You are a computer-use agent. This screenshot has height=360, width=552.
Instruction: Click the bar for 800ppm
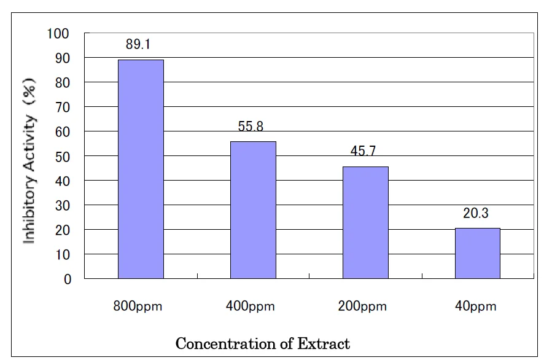tap(141, 169)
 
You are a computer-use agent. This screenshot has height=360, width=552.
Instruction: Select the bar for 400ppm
tap(253, 209)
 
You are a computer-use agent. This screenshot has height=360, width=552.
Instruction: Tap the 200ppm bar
tap(365, 222)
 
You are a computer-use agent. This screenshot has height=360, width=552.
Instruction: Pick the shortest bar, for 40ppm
tap(478, 253)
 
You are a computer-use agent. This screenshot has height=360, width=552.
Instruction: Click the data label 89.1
tap(141, 45)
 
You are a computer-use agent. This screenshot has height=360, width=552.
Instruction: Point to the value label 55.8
tap(251, 127)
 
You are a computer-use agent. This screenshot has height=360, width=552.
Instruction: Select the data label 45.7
tap(363, 152)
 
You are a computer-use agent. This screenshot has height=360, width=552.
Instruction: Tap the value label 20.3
tap(476, 213)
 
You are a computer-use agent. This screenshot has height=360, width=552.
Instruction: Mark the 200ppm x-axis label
tap(362, 307)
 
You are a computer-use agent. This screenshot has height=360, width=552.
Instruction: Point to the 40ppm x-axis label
tap(476, 307)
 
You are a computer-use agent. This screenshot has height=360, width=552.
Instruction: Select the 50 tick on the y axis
tap(63, 156)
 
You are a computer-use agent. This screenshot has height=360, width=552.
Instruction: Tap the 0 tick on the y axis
tap(68, 279)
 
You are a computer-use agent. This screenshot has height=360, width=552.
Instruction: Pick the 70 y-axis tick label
tap(63, 107)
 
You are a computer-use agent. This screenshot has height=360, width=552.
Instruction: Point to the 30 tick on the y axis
tap(63, 205)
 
